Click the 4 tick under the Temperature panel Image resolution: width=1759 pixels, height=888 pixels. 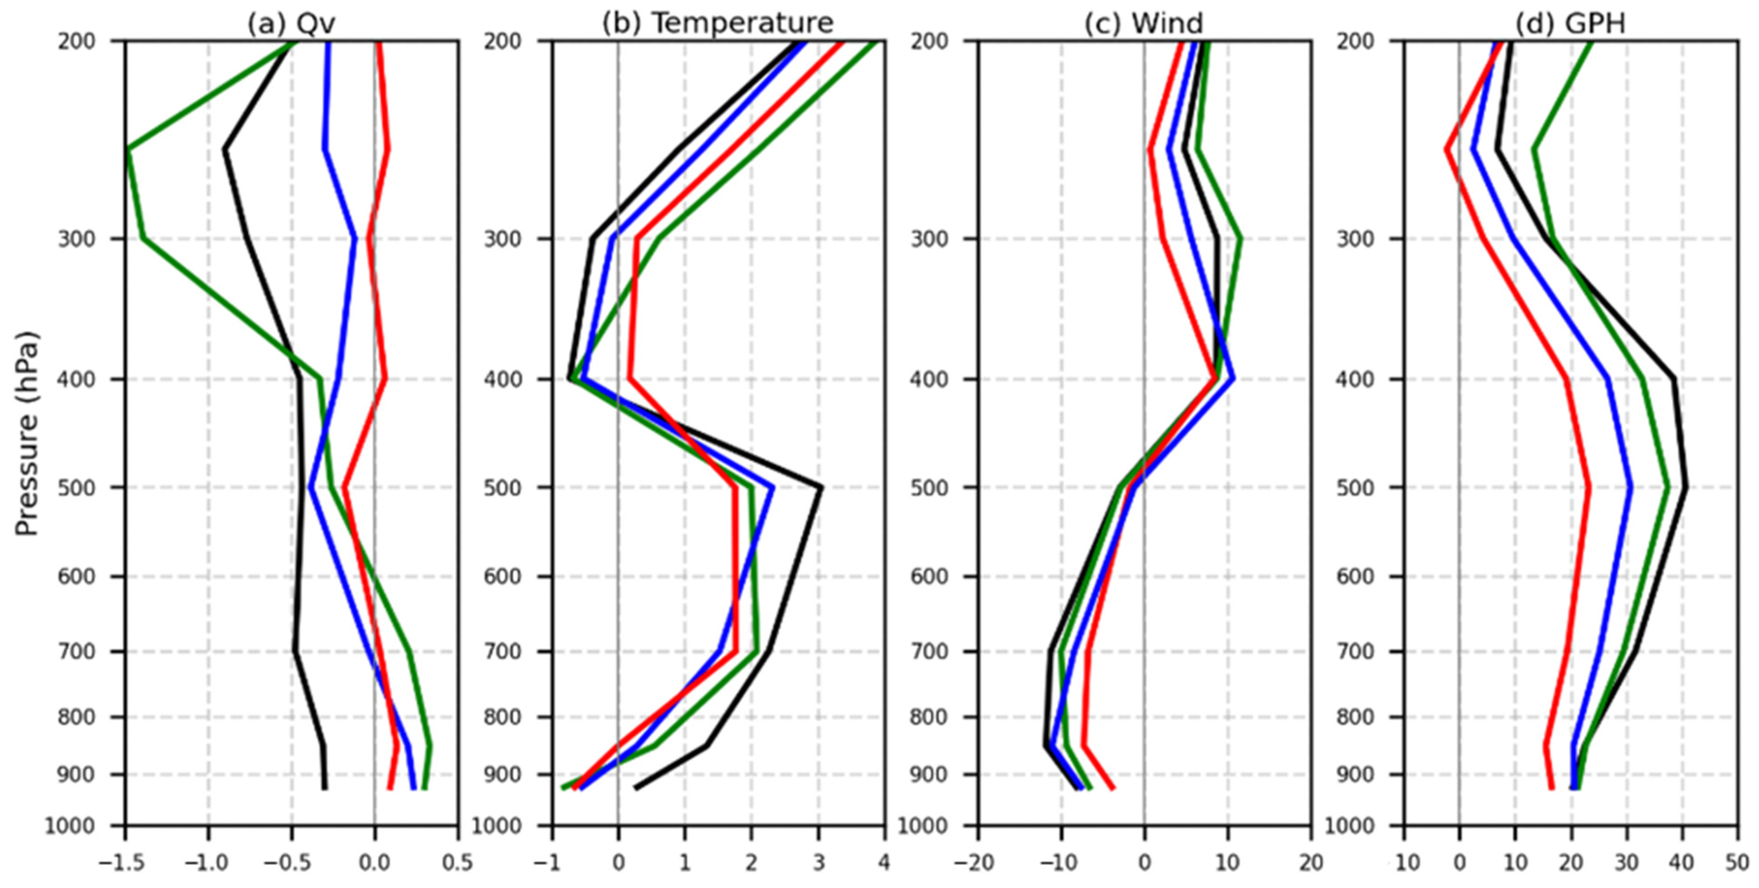pyautogui.click(x=884, y=863)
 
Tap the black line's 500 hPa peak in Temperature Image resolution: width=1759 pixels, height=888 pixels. pyautogui.click(x=821, y=487)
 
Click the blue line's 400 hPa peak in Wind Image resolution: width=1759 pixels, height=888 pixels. pyautogui.click(x=1232, y=379)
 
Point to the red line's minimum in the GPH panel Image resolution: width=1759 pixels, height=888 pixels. pyautogui.click(x=1446, y=149)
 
